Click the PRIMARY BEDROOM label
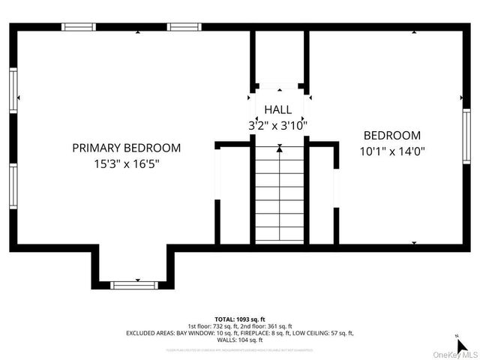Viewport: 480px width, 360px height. [126, 148]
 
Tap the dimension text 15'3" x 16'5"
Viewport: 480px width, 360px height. [126, 163]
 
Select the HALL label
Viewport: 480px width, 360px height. [277, 109]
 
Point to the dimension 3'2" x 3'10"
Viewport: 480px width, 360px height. [277, 124]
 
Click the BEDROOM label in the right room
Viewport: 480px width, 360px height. [391, 136]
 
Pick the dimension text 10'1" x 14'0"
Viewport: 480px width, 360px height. [391, 150]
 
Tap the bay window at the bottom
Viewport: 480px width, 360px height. [134, 284]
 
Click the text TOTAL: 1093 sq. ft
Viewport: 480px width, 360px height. [239, 319]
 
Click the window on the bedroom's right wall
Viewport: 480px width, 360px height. [466, 132]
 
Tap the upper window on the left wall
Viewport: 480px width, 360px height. [13, 90]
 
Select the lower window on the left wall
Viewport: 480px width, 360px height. [13, 187]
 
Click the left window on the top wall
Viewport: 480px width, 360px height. [79, 27]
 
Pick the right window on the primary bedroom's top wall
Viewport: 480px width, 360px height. [184, 27]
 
